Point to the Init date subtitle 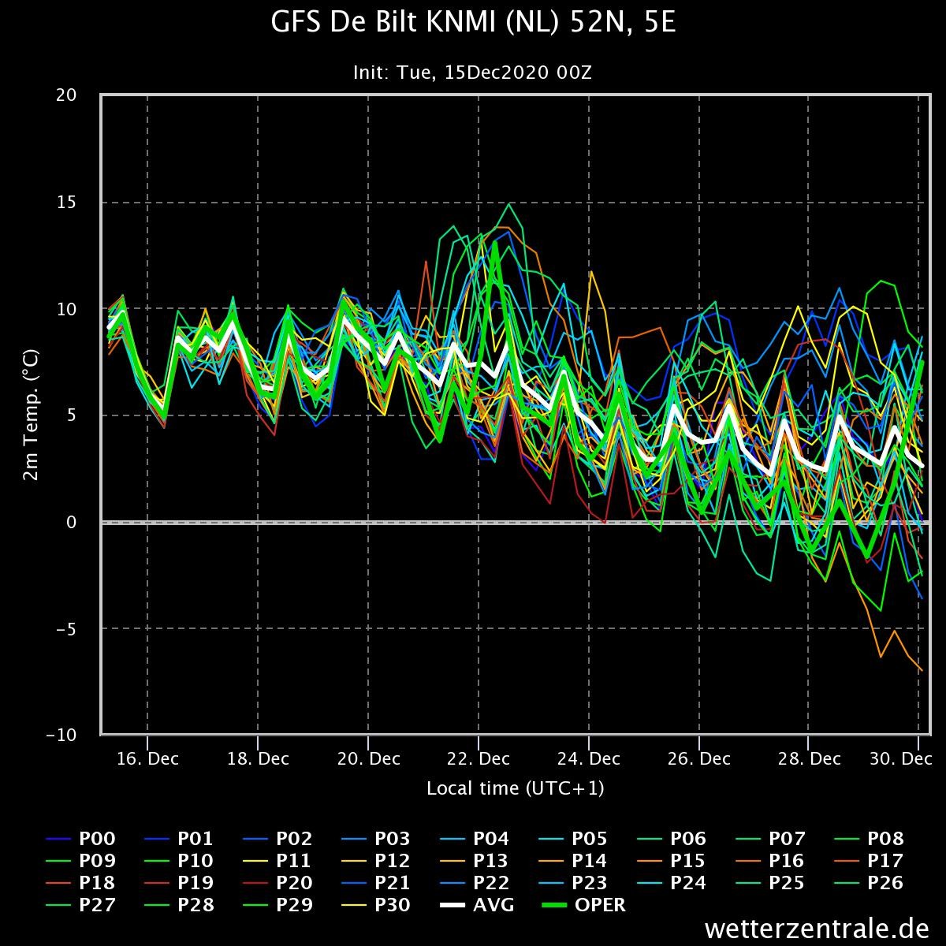[x=473, y=73]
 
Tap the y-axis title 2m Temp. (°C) [x=31, y=415]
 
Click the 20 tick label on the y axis [x=66, y=95]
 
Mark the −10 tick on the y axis [x=61, y=735]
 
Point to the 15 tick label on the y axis [x=66, y=202]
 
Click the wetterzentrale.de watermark [x=817, y=929]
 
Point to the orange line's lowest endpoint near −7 [x=922, y=670]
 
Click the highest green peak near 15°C [x=509, y=204]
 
